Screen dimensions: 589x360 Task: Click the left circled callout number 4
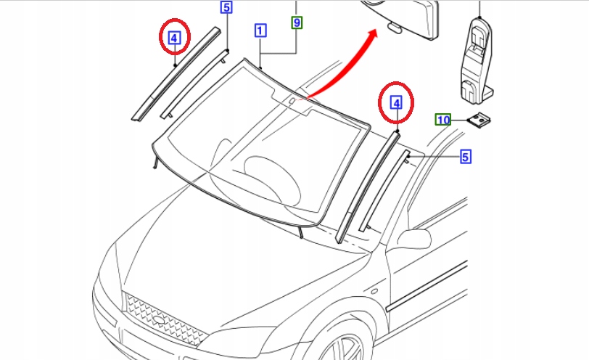(x=174, y=38)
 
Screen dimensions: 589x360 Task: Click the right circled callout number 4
(x=396, y=103)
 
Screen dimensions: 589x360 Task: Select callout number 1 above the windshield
(x=260, y=30)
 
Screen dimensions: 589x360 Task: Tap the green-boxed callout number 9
(x=297, y=22)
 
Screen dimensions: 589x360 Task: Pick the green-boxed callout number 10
(x=443, y=120)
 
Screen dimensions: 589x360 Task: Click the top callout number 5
(x=226, y=7)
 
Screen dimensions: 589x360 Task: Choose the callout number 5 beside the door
(x=466, y=157)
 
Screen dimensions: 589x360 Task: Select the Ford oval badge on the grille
(x=160, y=320)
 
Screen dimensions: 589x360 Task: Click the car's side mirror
(x=414, y=239)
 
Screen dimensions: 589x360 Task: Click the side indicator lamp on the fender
(x=374, y=291)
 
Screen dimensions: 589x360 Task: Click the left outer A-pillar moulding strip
(x=176, y=73)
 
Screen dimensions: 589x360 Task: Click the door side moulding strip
(x=427, y=286)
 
